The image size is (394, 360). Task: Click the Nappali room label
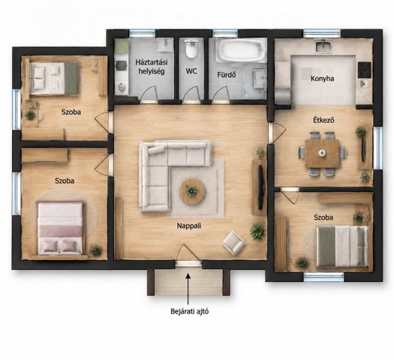click(189, 226)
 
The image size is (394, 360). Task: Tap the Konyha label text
click(323, 79)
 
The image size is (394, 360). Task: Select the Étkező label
click(323, 120)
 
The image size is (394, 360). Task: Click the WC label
click(191, 71)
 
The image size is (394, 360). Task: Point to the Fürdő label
click(227, 74)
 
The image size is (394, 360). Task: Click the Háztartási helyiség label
click(152, 67)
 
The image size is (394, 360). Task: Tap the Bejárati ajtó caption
click(190, 311)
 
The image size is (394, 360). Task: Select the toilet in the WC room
click(191, 48)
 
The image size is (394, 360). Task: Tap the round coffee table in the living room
click(192, 191)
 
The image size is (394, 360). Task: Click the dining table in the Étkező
click(323, 153)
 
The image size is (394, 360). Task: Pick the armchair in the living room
click(233, 243)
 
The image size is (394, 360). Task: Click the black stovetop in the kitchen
click(364, 70)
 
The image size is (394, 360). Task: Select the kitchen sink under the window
click(323, 46)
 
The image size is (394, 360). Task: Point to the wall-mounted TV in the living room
click(260, 187)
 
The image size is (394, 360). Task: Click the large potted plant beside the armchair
click(257, 231)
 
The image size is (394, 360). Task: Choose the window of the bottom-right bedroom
click(323, 277)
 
